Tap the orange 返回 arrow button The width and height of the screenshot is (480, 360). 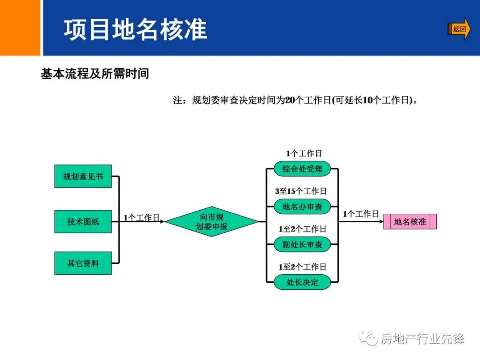459,29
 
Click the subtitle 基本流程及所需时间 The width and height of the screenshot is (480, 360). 95,74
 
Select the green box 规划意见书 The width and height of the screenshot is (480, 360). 83,176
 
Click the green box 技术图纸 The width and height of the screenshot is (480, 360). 83,221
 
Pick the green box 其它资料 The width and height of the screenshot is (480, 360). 83,263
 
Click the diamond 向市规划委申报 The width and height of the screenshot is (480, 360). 212,221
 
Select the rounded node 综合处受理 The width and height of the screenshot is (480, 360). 302,169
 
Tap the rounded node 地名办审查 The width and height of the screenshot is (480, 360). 302,207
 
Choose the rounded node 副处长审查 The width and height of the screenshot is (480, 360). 302,244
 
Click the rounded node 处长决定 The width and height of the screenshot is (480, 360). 302,282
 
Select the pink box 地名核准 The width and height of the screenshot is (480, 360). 410,221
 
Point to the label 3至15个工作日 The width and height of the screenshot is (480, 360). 301,191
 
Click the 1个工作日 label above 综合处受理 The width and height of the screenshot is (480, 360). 304,154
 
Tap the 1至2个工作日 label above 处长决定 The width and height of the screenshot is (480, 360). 302,267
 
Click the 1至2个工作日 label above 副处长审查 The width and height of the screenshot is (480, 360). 302,229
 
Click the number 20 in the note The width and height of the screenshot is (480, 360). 290,100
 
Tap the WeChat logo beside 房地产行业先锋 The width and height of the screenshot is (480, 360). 368,339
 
